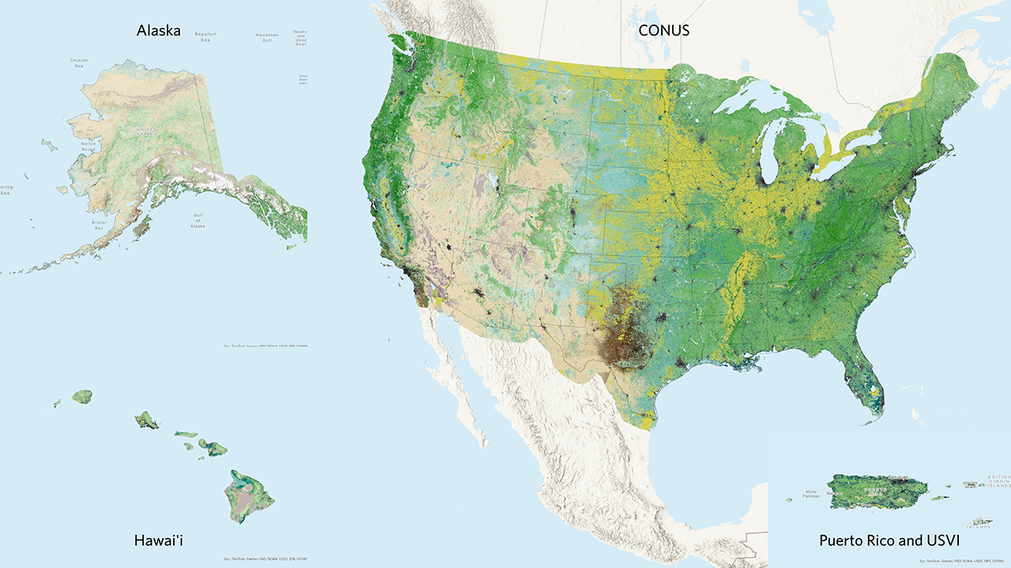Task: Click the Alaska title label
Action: pyautogui.click(x=158, y=31)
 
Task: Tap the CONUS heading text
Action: pyautogui.click(x=664, y=31)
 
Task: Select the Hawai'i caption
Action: pyautogui.click(x=163, y=540)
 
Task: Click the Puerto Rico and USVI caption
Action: pyautogui.click(x=889, y=540)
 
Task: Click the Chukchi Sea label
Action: pyautogui.click(x=78, y=62)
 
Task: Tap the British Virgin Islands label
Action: pyautogui.click(x=998, y=483)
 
